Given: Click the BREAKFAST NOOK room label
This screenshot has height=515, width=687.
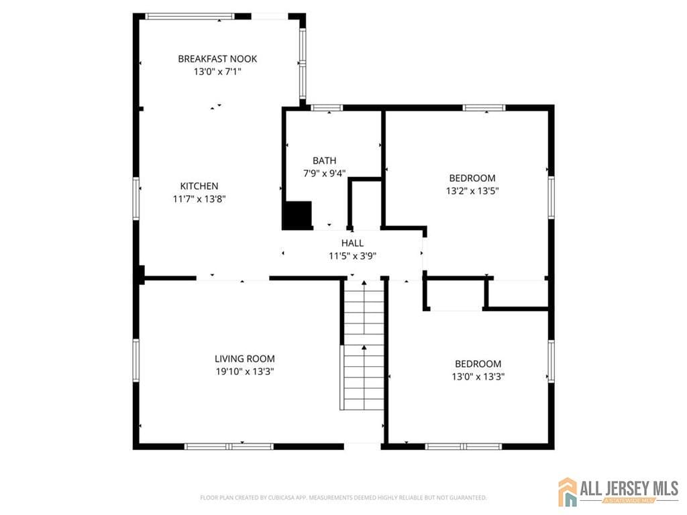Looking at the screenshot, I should pos(217,59).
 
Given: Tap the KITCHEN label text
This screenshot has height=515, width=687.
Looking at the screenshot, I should pos(199,186).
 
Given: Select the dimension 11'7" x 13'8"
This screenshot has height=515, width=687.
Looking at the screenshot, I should pos(199,198).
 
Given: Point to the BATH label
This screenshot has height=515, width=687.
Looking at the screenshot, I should pos(324,161).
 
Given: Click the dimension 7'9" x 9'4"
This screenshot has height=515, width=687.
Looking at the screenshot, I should pos(324,173).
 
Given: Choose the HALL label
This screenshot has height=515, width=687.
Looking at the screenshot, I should pos(352,243).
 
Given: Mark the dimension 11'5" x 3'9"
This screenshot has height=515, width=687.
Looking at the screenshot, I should pos(352,255).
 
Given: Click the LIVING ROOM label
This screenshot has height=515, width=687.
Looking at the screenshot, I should pos(244,359).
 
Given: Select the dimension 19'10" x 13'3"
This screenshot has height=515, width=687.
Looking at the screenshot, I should pos(244,371).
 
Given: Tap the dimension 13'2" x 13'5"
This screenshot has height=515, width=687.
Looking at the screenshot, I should pos(472,190).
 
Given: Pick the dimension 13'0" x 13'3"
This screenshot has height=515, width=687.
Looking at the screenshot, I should pos(478,377).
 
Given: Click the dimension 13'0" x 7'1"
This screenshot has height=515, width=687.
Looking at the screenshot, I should pos(217,71).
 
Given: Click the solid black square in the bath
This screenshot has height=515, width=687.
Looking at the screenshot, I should pos(297,215).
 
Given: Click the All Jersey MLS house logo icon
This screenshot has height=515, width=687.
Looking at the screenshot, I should pos(568,492).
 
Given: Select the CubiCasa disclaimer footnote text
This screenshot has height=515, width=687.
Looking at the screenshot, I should pos(343,498).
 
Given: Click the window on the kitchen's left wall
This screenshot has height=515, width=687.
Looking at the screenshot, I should pos(136,198).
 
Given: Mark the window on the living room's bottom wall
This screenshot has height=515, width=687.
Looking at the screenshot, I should pos(229,446).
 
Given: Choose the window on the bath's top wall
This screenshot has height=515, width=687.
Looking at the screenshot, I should pos(327,107).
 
